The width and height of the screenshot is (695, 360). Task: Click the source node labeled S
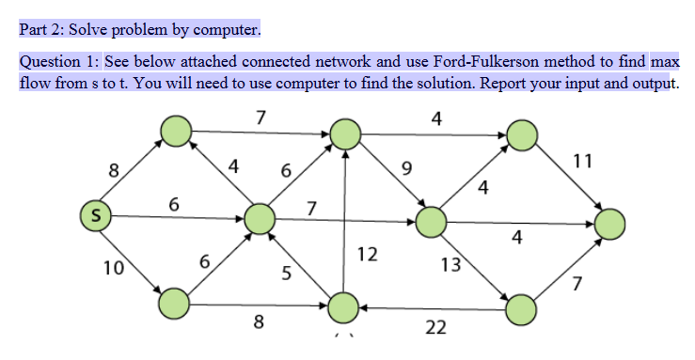[95, 215]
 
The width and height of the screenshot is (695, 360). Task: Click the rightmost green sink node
[608, 223]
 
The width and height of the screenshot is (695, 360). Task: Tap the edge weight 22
[434, 327]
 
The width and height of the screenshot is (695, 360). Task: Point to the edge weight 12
[368, 254]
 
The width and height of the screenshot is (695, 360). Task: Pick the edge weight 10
[114, 267]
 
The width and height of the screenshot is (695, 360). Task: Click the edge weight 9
[405, 169]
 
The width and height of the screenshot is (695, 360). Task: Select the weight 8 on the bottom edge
[259, 325]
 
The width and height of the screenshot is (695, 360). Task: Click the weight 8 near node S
[114, 170]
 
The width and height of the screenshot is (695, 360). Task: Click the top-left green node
[175, 132]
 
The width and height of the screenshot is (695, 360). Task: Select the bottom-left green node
[174, 303]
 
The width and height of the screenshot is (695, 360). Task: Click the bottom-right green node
[522, 308]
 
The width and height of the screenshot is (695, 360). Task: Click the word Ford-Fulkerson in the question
[486, 62]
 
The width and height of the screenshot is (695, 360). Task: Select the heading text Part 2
[40, 30]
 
